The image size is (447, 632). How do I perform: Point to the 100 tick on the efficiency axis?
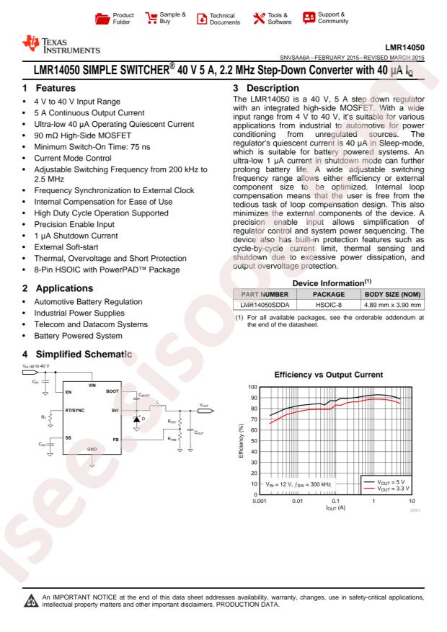[x=252, y=387]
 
